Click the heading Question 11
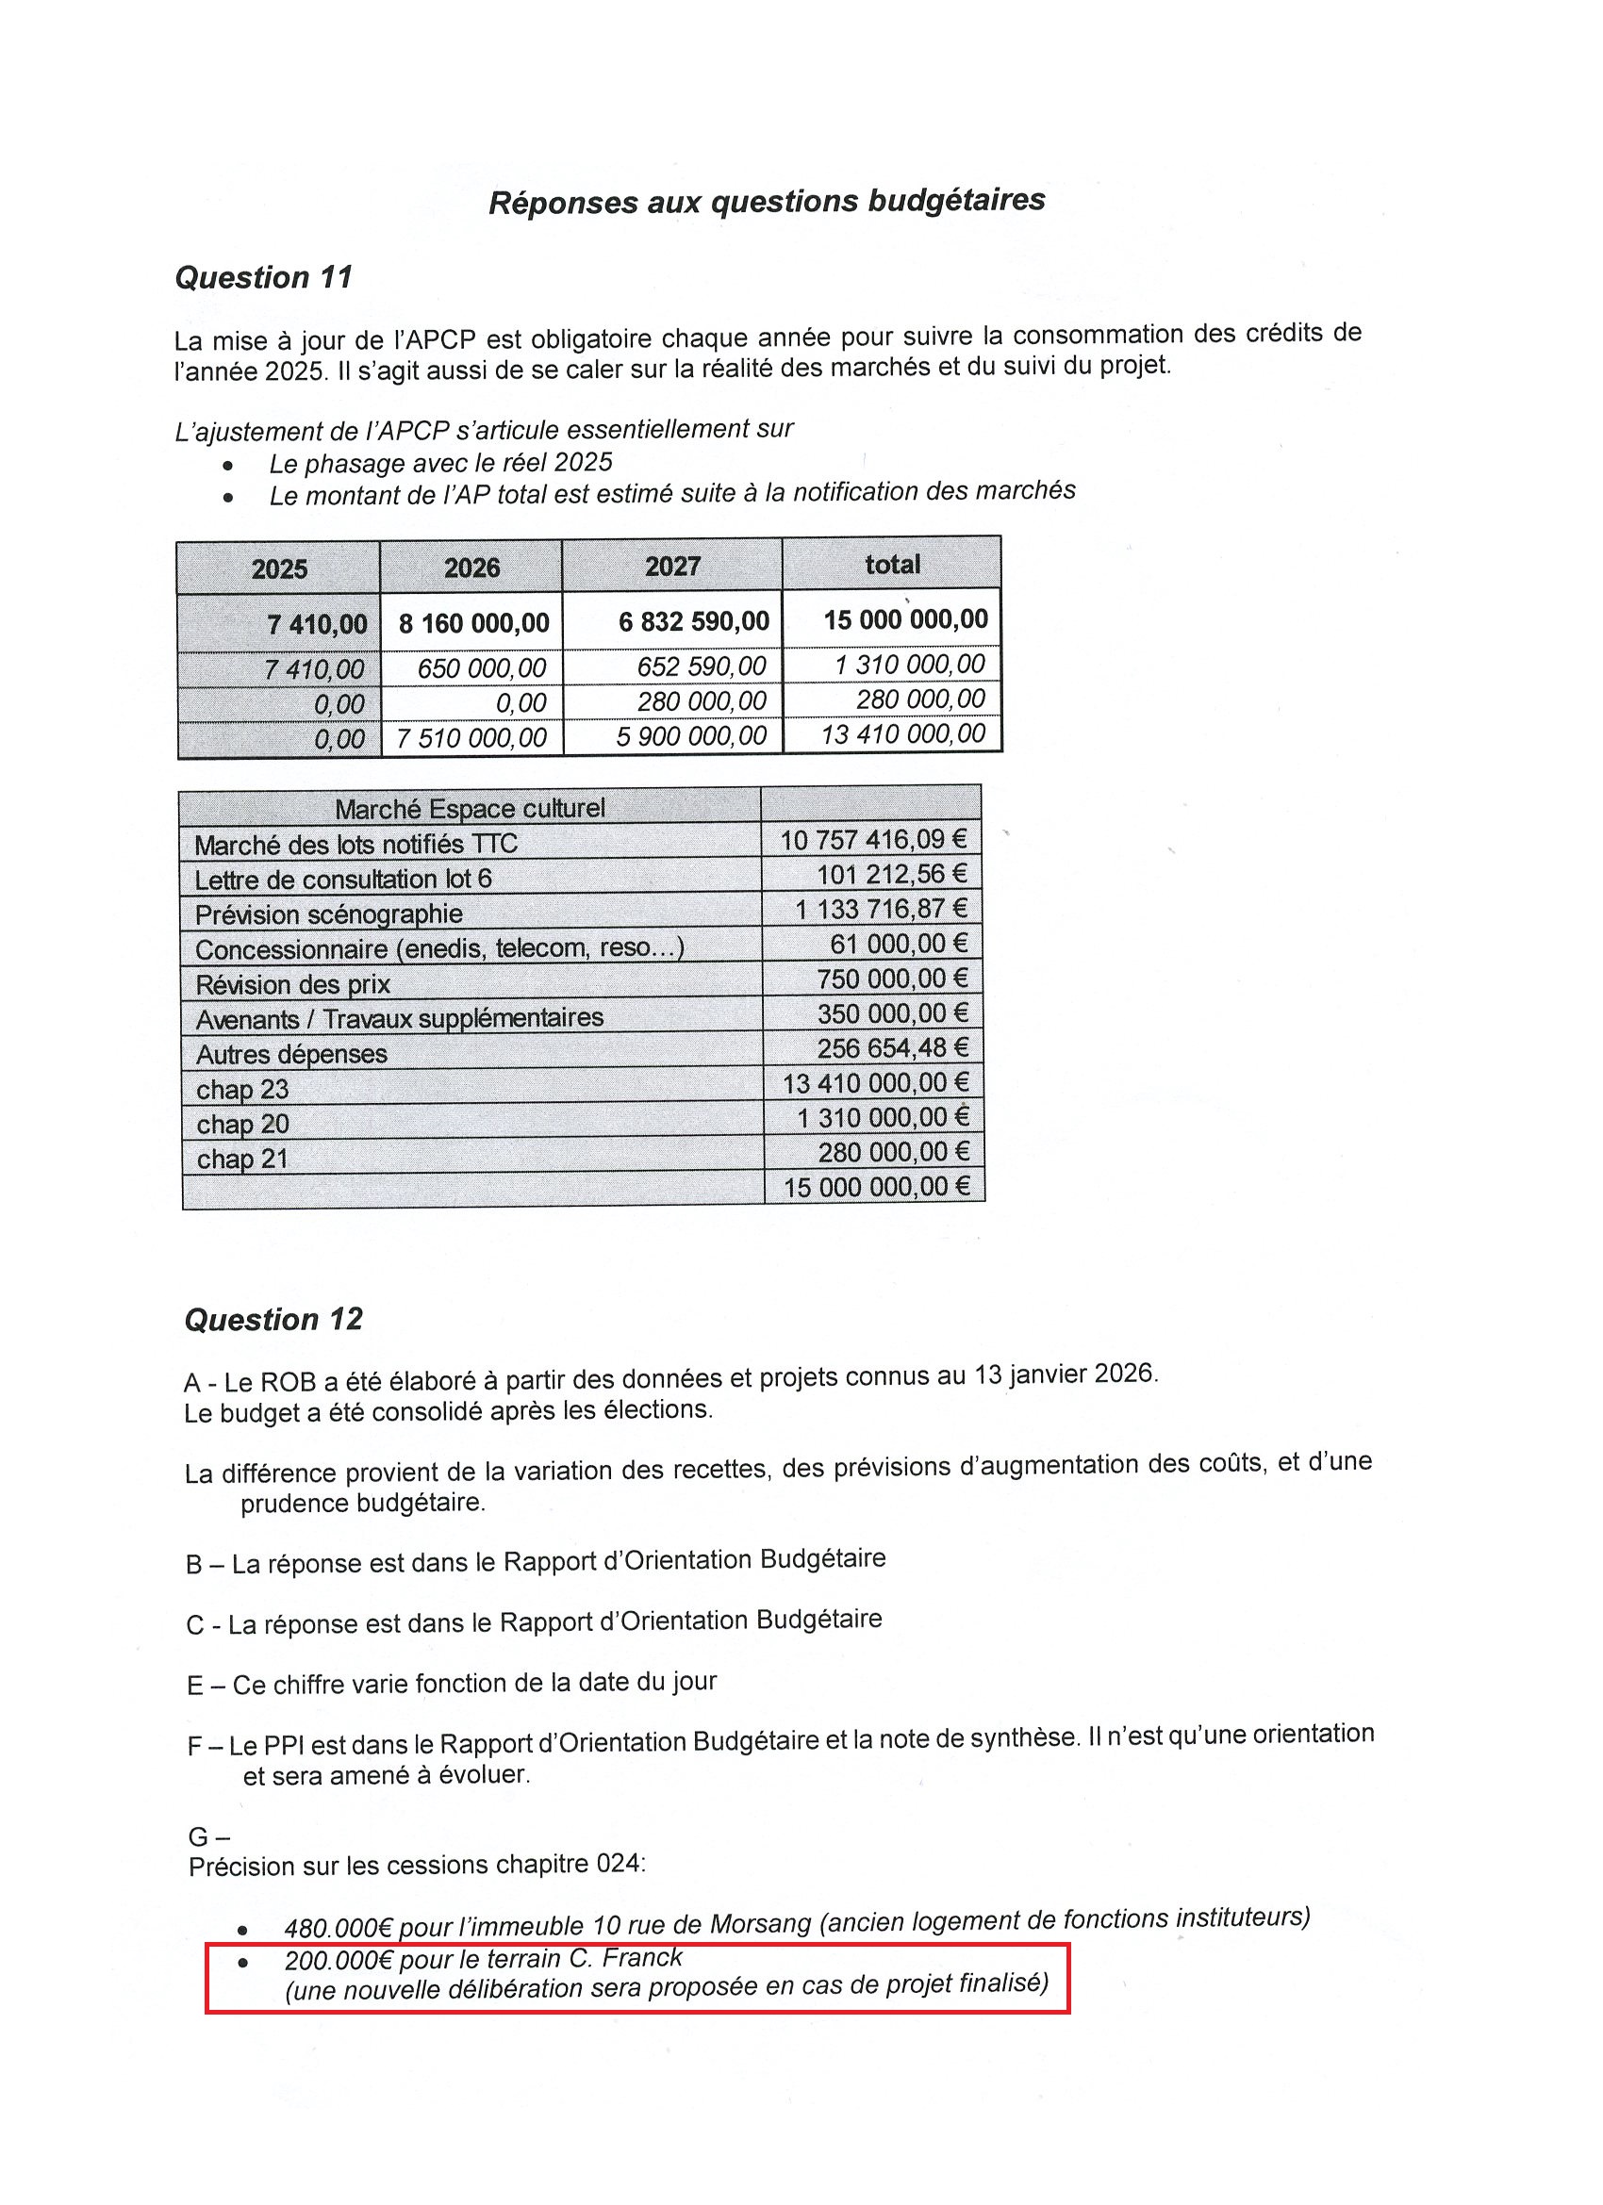(x=263, y=277)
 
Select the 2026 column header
(x=471, y=568)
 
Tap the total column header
(x=892, y=564)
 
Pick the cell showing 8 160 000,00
(x=473, y=622)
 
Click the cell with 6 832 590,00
(x=693, y=620)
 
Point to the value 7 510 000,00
(x=471, y=738)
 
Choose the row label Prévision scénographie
(x=329, y=914)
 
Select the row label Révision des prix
(x=292, y=985)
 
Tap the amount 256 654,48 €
(x=893, y=1048)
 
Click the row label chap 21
(x=242, y=1159)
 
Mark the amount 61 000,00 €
(x=899, y=943)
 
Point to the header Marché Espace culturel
(x=470, y=808)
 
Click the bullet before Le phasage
(x=227, y=466)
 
